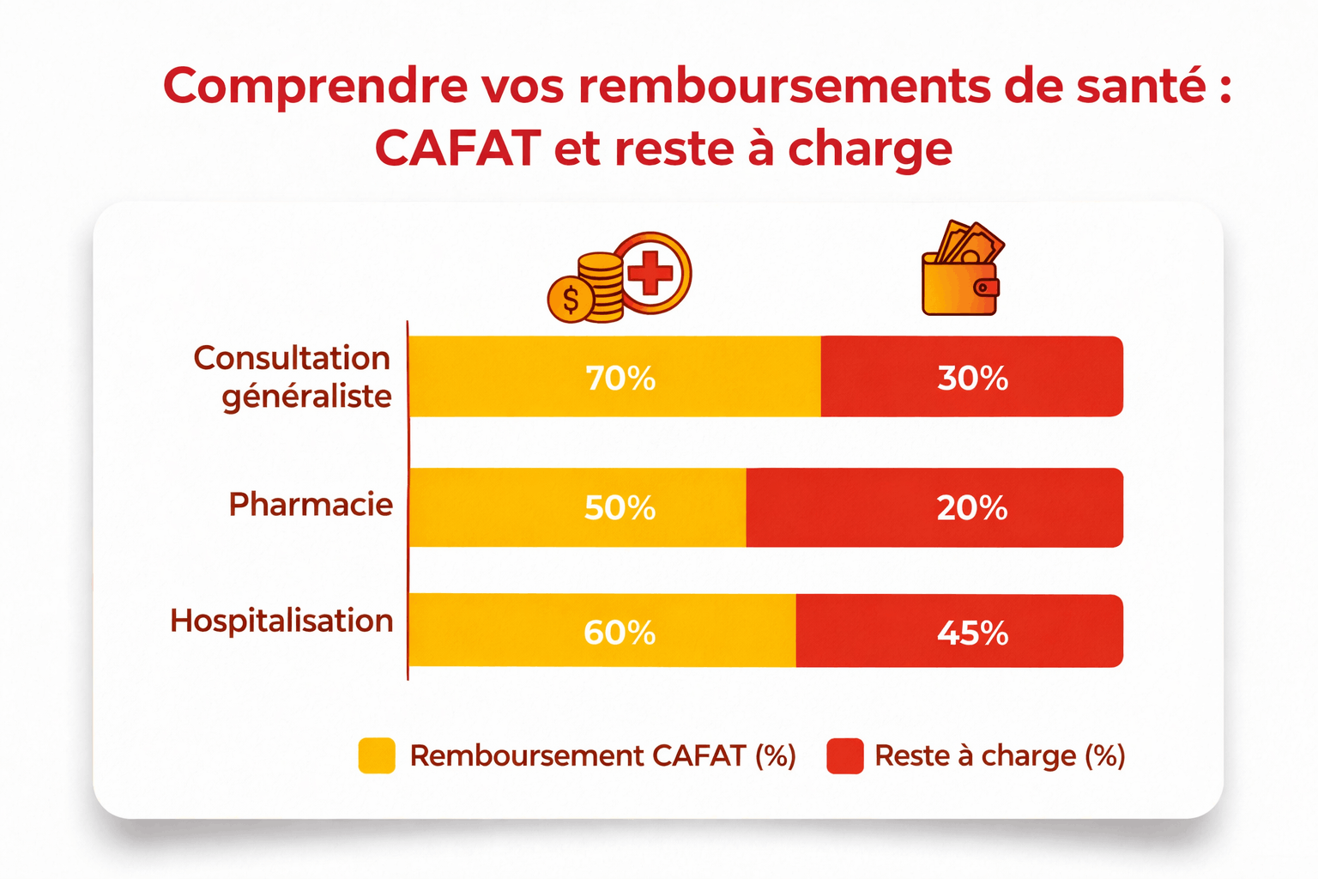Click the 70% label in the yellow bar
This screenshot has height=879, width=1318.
620,379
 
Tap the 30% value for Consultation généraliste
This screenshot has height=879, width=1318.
972,379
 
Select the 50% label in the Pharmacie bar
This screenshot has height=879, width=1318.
620,508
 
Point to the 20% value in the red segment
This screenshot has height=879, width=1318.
971,508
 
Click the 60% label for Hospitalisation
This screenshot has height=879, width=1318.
620,633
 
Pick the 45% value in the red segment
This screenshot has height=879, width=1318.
972,633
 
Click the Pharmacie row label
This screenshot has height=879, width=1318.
311,505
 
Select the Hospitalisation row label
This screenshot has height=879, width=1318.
281,621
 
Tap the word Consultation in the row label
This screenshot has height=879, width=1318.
292,358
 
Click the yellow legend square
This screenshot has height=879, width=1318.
377,755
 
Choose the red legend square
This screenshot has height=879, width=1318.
844,755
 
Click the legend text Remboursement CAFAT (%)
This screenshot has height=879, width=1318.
602,755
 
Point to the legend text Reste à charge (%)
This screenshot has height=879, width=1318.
1000,755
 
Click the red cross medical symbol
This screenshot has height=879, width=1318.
651,273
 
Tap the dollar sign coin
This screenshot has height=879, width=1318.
570,300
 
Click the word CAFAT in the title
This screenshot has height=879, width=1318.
458,149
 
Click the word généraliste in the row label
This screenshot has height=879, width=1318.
306,397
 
